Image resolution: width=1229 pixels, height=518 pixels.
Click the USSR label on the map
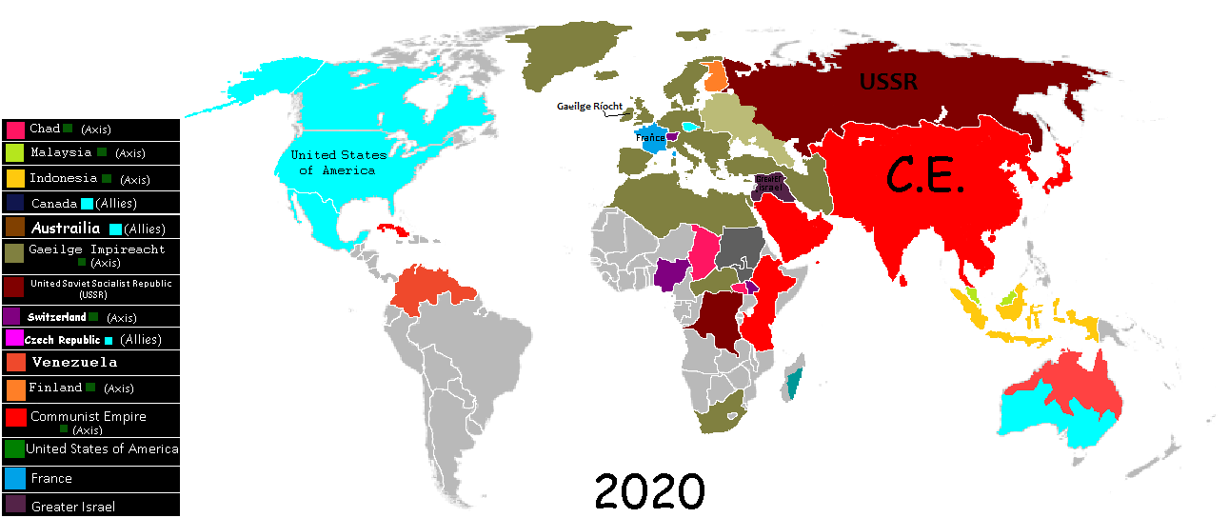point(888,82)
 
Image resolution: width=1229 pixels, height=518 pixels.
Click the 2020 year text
point(650,491)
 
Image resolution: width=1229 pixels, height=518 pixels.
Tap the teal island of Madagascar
point(794,384)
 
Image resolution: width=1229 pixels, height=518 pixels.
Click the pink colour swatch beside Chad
point(15,129)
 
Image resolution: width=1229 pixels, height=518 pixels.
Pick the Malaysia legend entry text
point(61,152)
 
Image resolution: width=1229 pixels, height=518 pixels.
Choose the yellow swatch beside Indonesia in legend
point(15,178)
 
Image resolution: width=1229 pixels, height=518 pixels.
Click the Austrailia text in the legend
point(66,229)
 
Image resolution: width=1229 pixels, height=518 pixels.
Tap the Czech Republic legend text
point(62,340)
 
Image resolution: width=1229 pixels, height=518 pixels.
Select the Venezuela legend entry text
point(74,362)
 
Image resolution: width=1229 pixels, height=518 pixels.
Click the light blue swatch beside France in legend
point(15,478)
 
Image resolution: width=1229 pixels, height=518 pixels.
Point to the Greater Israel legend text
point(73,507)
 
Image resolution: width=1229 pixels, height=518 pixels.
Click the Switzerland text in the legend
point(57,317)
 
